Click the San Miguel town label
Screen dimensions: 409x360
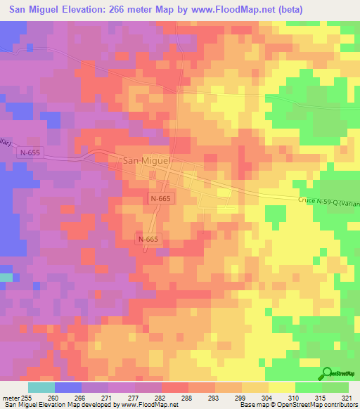tap(148, 160)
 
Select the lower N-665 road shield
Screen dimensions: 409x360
tap(148, 240)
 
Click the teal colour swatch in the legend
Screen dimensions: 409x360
tap(41, 387)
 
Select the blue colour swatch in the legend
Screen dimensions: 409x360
tap(68, 387)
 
